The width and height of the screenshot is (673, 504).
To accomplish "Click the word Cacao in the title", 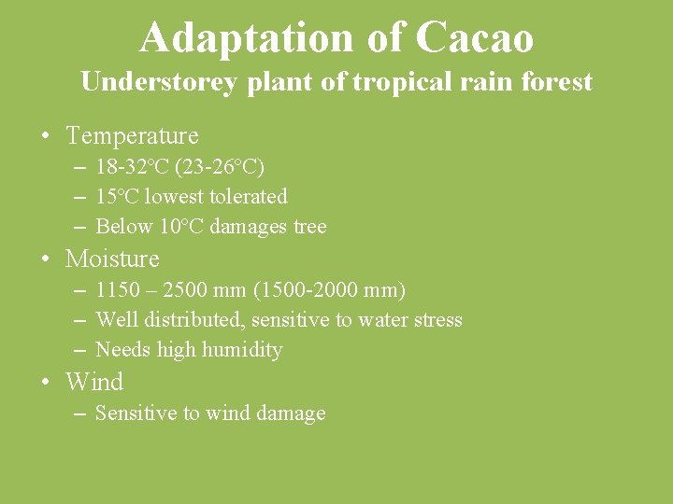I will coord(474,38).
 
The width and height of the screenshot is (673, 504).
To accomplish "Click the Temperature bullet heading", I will coord(133,136).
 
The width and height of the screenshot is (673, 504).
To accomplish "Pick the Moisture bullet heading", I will coord(112,259).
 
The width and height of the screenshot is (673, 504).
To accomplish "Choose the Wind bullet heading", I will coord(94,382).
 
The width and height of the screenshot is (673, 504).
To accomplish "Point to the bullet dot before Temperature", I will coord(45,137).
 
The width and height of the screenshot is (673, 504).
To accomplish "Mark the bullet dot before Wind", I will coord(45,383).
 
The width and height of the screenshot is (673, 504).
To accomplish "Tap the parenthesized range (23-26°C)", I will coord(223,167).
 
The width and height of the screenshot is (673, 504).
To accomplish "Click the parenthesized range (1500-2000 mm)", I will coord(329,290).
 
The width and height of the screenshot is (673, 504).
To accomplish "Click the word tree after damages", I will coord(310,227).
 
